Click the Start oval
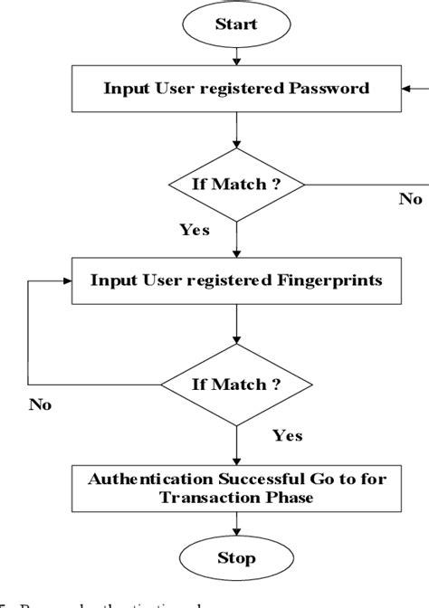235,25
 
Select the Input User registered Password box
235,89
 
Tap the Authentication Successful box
235,488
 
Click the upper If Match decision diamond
235,184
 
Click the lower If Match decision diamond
235,385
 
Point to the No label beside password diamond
410,199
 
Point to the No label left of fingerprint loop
39,404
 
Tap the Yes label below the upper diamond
194,230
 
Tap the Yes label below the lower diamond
288,436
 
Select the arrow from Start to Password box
235,57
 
